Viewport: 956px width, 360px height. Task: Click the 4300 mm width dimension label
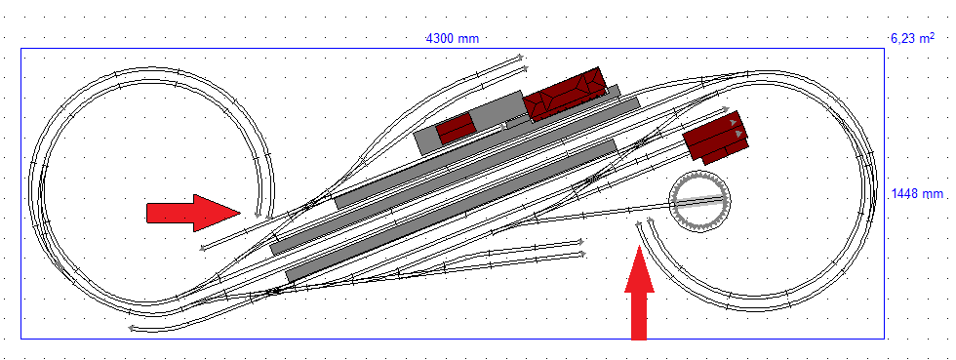452,39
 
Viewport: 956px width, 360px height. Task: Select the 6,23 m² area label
912,38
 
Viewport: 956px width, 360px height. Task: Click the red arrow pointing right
194,213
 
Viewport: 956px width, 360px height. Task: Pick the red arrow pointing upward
639,292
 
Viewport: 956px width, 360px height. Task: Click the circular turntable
700,201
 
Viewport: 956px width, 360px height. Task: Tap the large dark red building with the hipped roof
565,94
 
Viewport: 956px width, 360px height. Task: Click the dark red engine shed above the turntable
714,136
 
